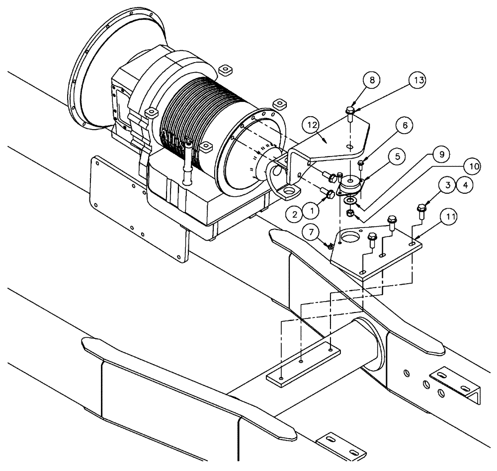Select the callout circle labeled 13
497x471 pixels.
(418, 79)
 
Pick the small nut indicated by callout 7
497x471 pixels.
(331, 246)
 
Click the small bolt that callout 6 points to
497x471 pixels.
(361, 162)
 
